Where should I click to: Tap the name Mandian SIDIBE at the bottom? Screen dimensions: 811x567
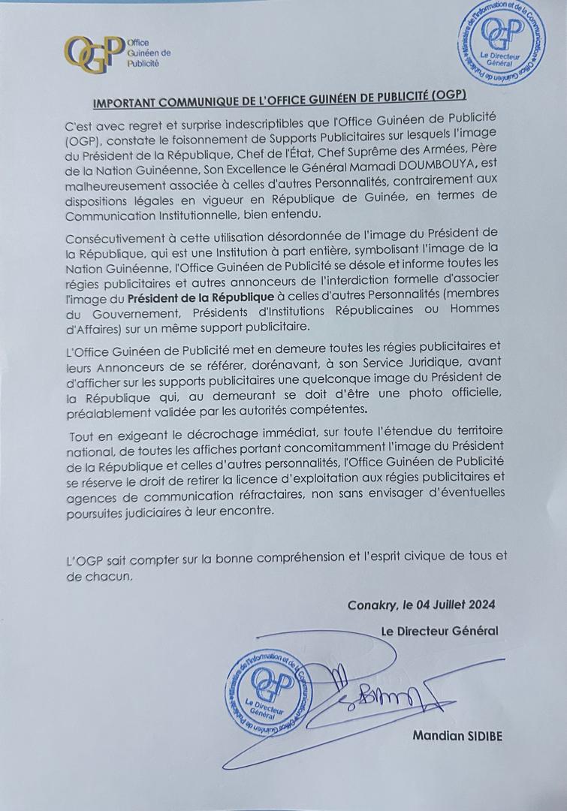click(x=457, y=736)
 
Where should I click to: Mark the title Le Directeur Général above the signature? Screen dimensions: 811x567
click(x=439, y=631)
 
